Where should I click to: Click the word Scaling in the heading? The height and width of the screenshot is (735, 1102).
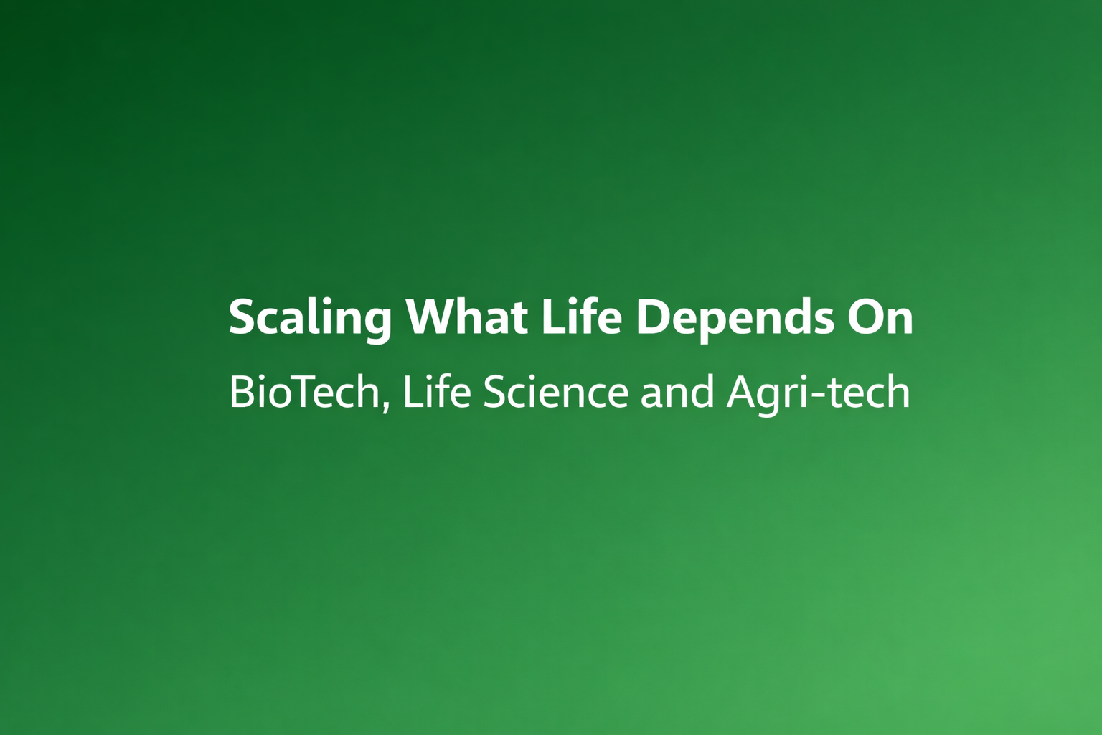[310, 317]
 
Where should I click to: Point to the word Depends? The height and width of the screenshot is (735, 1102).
[735, 317]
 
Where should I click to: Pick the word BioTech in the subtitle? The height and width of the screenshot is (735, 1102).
[304, 393]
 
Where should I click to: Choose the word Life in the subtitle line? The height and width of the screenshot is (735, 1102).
[436, 393]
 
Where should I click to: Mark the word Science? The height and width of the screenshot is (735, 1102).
[555, 393]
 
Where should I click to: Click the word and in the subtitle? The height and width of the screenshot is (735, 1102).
[677, 393]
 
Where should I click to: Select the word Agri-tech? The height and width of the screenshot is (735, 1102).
[818, 393]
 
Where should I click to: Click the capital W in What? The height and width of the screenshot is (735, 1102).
[431, 317]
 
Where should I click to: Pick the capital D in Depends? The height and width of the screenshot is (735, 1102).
[653, 317]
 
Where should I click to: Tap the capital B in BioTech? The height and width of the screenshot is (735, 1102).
[241, 393]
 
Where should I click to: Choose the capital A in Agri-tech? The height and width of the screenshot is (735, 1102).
[743, 393]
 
